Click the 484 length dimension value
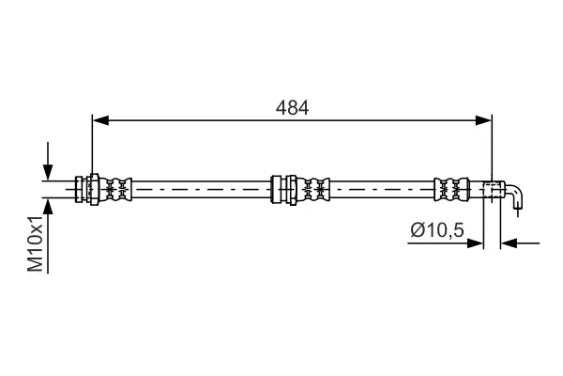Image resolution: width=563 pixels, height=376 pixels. [292, 107]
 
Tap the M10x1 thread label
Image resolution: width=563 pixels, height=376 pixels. [36, 243]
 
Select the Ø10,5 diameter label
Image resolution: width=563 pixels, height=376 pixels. [437, 230]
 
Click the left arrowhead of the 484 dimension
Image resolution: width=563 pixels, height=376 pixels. [100, 120]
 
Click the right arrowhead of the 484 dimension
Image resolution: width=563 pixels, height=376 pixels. [483, 120]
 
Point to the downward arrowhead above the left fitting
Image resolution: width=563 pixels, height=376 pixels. [48, 172]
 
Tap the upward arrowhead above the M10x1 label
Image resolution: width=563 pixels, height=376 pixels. [48, 206]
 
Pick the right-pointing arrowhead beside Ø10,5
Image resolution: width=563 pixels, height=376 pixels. [476, 243]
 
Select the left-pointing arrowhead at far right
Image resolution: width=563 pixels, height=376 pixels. [509, 243]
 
